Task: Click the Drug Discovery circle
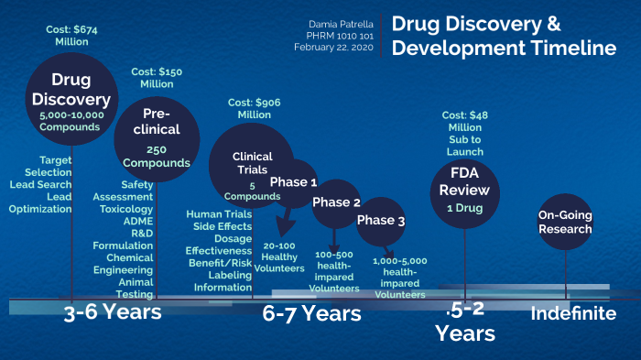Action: [70, 97]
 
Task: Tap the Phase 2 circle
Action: [336, 202]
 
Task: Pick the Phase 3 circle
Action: [380, 221]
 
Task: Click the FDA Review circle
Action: [465, 189]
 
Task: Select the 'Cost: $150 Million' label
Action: [157, 77]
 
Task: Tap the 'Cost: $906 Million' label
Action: [255, 108]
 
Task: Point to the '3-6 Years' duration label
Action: [113, 312]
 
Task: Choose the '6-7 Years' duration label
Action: [312, 314]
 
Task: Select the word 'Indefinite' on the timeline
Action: [573, 313]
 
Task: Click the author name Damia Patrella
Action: [340, 21]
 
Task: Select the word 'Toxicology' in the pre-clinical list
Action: [126, 209]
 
